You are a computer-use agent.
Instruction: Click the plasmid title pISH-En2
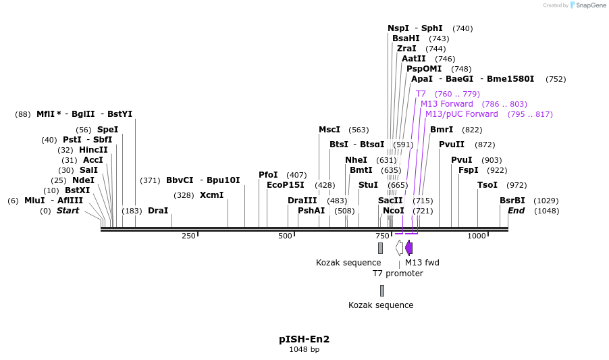[x=304, y=339]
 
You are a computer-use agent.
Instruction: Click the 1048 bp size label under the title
[x=304, y=350]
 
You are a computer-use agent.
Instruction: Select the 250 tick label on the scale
[x=188, y=236]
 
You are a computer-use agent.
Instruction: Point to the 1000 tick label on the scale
[x=477, y=236]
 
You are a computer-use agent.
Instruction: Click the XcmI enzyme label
[x=211, y=195]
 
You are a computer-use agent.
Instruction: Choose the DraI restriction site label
[x=158, y=211]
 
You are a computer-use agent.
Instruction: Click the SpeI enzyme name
[x=107, y=130]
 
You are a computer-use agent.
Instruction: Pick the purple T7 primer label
[x=421, y=94]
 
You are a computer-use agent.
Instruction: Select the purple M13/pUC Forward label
[x=462, y=114]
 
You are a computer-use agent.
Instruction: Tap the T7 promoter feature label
[x=398, y=274]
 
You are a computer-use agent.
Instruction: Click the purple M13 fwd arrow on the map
[x=408, y=248]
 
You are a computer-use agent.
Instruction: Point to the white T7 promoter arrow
[x=399, y=248]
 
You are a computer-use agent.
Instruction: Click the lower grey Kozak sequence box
[x=381, y=290]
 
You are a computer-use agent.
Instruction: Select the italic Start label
[x=68, y=211]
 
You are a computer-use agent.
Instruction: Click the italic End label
[x=516, y=211]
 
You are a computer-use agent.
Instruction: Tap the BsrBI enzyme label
[x=512, y=201]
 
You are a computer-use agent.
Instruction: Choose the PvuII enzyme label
[x=452, y=145]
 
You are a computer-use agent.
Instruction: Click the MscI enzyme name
[x=329, y=130]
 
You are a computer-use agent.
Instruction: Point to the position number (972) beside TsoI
[x=516, y=185]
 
